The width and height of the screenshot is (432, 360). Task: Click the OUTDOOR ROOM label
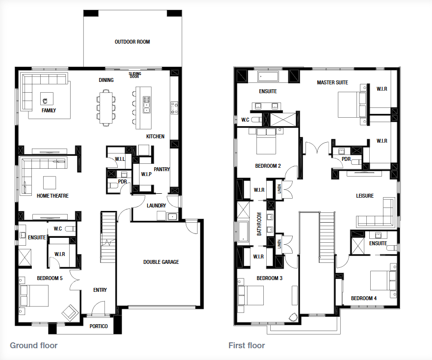(x=132, y=42)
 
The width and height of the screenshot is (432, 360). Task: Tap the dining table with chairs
(x=106, y=108)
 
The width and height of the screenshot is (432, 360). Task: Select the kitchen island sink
(x=147, y=104)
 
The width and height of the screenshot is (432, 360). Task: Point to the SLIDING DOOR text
(x=135, y=75)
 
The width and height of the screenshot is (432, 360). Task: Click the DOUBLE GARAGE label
(x=161, y=262)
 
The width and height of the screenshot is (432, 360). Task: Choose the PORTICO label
(x=99, y=326)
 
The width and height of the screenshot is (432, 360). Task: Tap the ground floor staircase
(x=108, y=237)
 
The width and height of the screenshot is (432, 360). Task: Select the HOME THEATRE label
(x=52, y=196)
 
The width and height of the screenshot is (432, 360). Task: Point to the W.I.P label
(x=146, y=174)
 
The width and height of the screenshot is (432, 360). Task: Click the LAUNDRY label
(x=156, y=206)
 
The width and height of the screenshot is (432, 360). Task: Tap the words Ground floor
(x=34, y=345)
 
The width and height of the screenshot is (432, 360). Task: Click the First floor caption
(x=247, y=345)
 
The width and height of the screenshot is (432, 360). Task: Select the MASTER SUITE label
(x=332, y=82)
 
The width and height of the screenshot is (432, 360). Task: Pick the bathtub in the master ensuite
(x=268, y=77)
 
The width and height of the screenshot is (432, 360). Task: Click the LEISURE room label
(x=365, y=196)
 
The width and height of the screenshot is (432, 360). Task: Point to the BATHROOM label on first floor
(x=259, y=224)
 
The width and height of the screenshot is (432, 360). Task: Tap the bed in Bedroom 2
(x=266, y=141)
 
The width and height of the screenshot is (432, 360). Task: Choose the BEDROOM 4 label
(x=364, y=298)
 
